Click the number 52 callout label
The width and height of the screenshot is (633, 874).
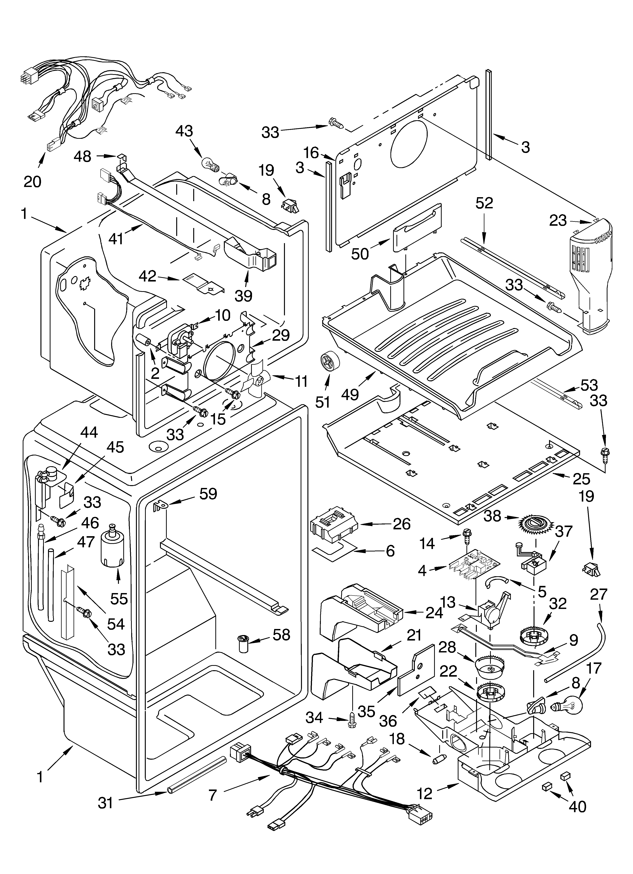click(x=484, y=203)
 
